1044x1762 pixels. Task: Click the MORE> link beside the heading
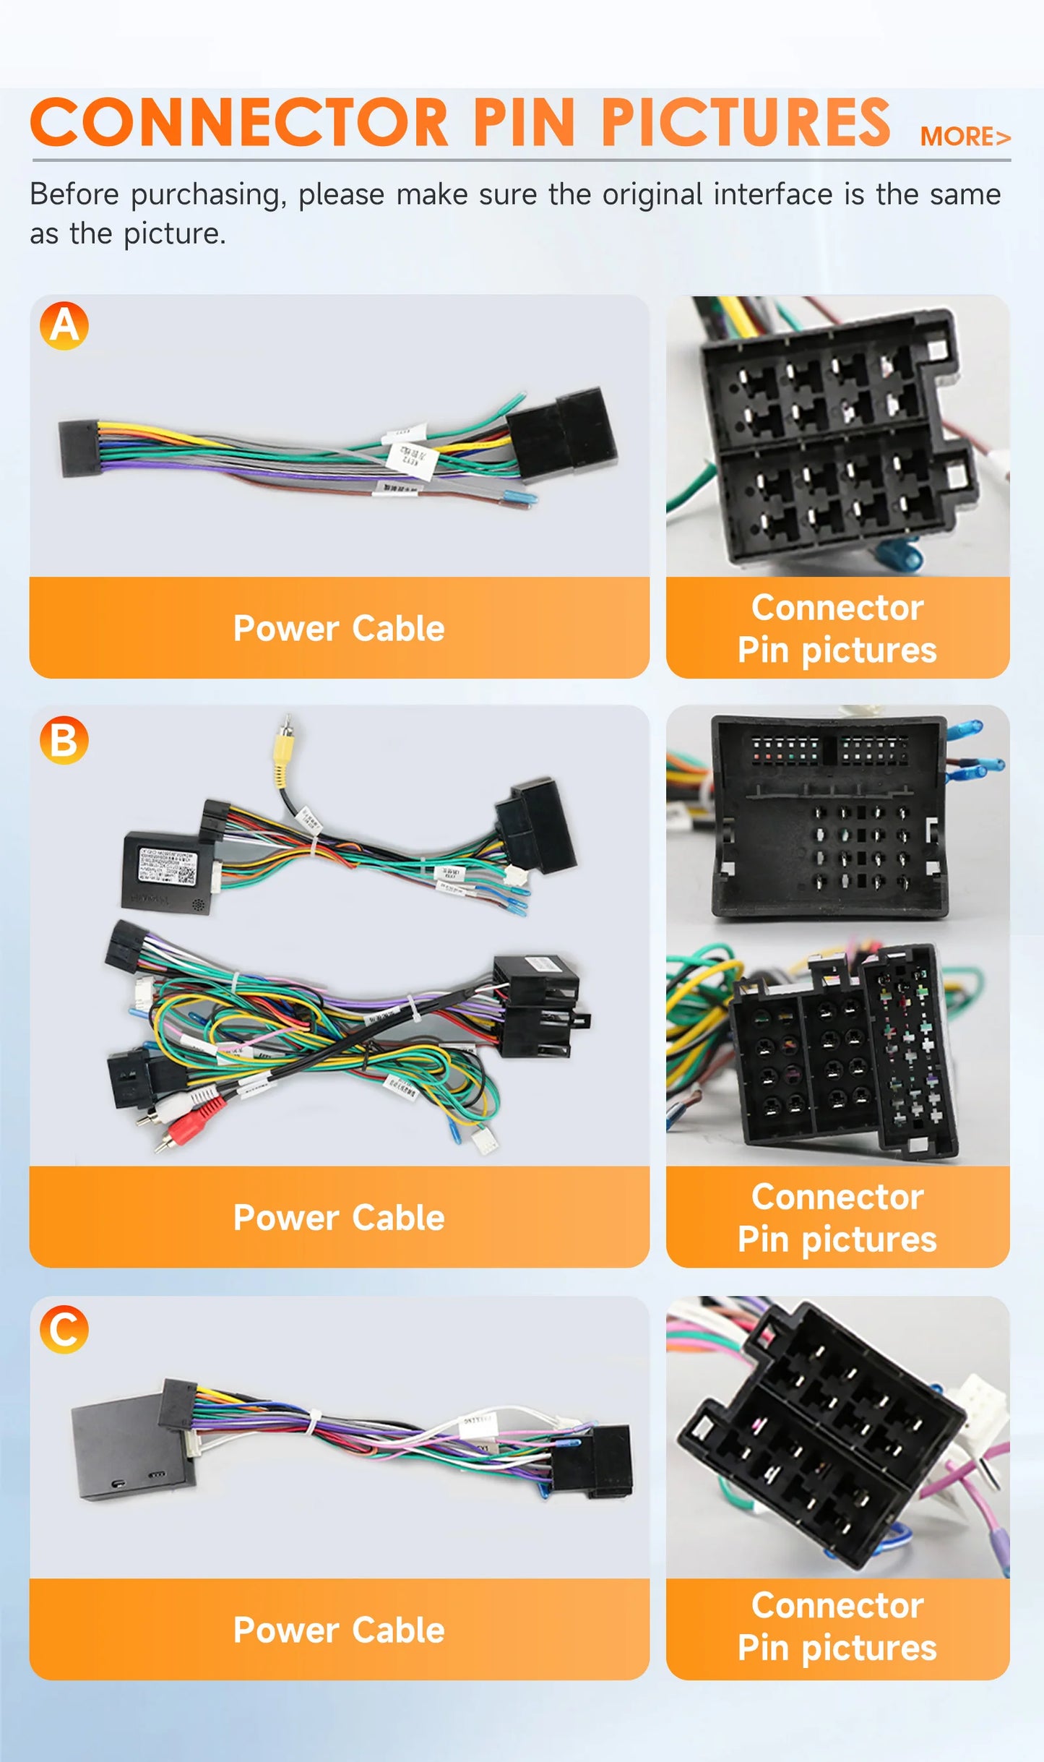pos(965,137)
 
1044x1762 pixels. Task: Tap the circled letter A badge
pos(64,326)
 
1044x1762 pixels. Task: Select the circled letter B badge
pos(64,740)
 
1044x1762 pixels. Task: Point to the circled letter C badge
pos(64,1329)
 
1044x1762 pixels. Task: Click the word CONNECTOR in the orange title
pos(239,123)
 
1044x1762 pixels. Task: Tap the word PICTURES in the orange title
pos(745,123)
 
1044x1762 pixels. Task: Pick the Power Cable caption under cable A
pos(339,628)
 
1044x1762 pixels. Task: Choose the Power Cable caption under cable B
pos(339,1218)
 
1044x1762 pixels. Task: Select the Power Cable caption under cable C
pos(339,1630)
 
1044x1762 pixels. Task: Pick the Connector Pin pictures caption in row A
pos(837,628)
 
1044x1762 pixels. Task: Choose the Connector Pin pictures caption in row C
pos(837,1627)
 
